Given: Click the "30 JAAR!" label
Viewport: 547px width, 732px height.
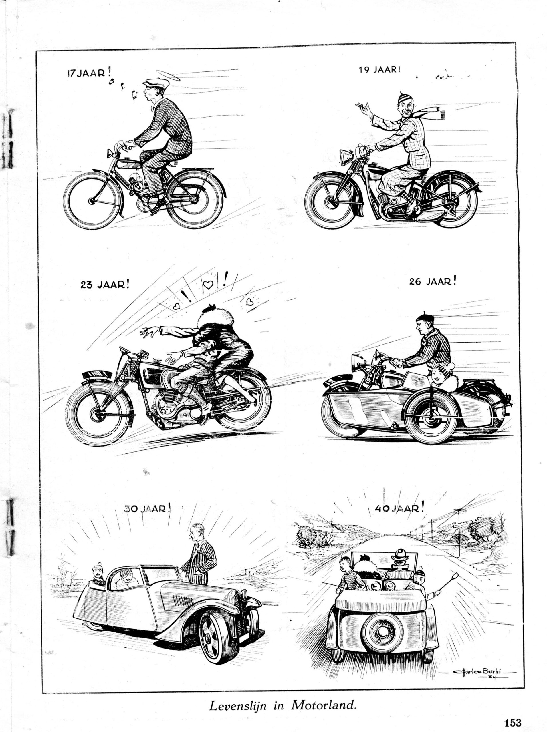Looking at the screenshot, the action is point(147,508).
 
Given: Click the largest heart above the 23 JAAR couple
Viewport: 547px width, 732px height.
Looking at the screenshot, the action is point(208,284).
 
